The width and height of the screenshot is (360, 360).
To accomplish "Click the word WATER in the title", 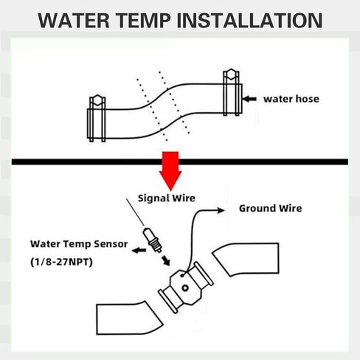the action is click(74, 20).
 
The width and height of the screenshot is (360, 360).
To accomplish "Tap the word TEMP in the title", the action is click(145, 20).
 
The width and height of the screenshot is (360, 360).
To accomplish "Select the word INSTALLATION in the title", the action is click(250, 20).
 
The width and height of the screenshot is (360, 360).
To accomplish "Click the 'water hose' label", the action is click(291, 99).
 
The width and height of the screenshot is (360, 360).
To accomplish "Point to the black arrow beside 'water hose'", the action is click(249, 99).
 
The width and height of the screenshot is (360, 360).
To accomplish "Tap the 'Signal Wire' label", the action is click(167, 198).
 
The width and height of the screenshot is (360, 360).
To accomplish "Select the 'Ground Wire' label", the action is click(271, 209).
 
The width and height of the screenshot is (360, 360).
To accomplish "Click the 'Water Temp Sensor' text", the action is click(79, 244).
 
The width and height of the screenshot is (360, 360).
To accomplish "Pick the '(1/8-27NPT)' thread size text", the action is click(61, 262).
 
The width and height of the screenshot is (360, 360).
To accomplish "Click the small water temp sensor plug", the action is click(153, 240).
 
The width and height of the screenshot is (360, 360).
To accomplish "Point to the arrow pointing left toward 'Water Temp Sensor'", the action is click(139, 250).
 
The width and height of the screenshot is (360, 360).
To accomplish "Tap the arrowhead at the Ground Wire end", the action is click(221, 210).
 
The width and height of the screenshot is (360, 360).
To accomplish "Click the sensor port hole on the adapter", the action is click(185, 288).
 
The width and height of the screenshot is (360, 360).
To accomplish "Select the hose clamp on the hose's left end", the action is click(97, 119).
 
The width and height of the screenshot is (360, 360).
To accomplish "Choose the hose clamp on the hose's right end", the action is click(232, 92).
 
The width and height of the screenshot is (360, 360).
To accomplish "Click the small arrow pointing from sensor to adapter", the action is click(166, 260).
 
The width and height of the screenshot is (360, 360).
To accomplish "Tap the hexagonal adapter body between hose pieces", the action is click(186, 288).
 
